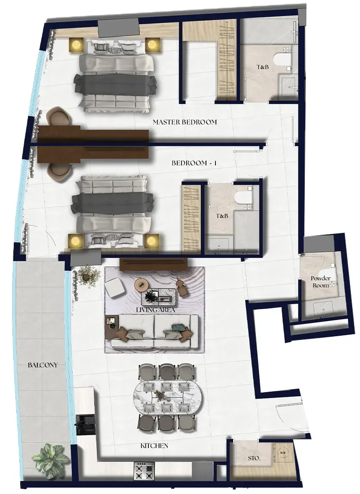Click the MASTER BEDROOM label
pyautogui.click(x=185, y=122)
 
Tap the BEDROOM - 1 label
pyautogui.click(x=194, y=163)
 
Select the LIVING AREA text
pyautogui.click(x=155, y=310)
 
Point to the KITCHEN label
pyautogui.click(x=154, y=445)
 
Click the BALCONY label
pyautogui.click(x=43, y=365)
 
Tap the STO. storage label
pyautogui.click(x=254, y=458)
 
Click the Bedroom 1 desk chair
pyautogui.click(x=58, y=172)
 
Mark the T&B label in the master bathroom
pyautogui.click(x=262, y=67)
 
